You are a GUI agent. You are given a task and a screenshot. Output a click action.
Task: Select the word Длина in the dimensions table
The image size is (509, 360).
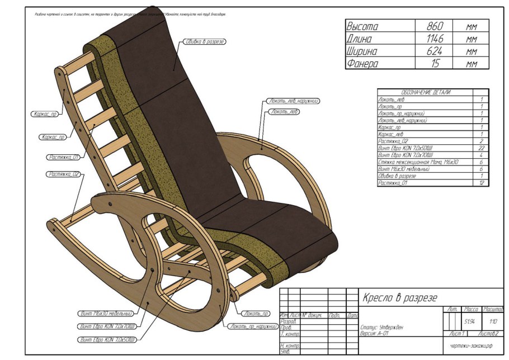[362, 39]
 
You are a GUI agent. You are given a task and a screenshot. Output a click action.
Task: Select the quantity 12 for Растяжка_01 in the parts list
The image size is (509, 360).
[481, 183]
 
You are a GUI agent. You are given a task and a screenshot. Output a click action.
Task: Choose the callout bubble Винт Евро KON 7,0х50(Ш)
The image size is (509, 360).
[105, 339]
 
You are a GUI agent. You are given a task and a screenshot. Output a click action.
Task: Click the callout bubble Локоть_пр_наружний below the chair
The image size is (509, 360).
[254, 326]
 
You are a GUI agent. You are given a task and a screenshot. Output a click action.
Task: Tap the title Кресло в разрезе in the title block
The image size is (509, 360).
[400, 297]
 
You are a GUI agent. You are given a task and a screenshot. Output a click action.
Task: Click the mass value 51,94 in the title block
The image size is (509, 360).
[470, 321]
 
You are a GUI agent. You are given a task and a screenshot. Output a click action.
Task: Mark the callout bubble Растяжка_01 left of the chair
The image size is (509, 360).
[63, 157]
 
